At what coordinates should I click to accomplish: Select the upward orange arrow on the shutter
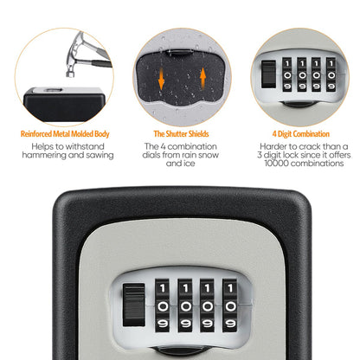pyautogui.click(x=202, y=79)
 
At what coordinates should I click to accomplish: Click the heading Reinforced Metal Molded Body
pyautogui.click(x=64, y=134)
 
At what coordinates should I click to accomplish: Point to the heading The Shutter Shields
pyautogui.click(x=179, y=134)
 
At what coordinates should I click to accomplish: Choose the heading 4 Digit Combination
pyautogui.click(x=300, y=134)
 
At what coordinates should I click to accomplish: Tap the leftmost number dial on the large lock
pyautogui.click(x=162, y=303)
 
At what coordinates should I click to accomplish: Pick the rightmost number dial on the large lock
pyautogui.click(x=229, y=303)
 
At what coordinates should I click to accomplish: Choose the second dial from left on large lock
pyautogui.click(x=184, y=303)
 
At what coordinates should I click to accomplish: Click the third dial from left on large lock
pyautogui.click(x=207, y=303)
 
